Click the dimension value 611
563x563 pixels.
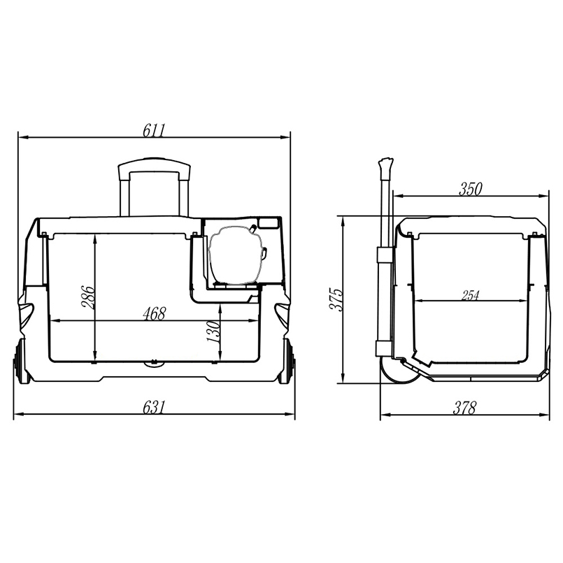[154, 131]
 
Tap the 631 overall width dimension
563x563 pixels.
[154, 408]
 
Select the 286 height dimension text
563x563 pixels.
[88, 297]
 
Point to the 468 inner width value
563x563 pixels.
[154, 314]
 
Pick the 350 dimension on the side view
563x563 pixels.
[471, 190]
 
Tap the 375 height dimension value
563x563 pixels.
[338, 299]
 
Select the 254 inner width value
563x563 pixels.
[471, 296]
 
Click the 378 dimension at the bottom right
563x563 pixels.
[464, 408]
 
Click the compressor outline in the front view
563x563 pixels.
[236, 255]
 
